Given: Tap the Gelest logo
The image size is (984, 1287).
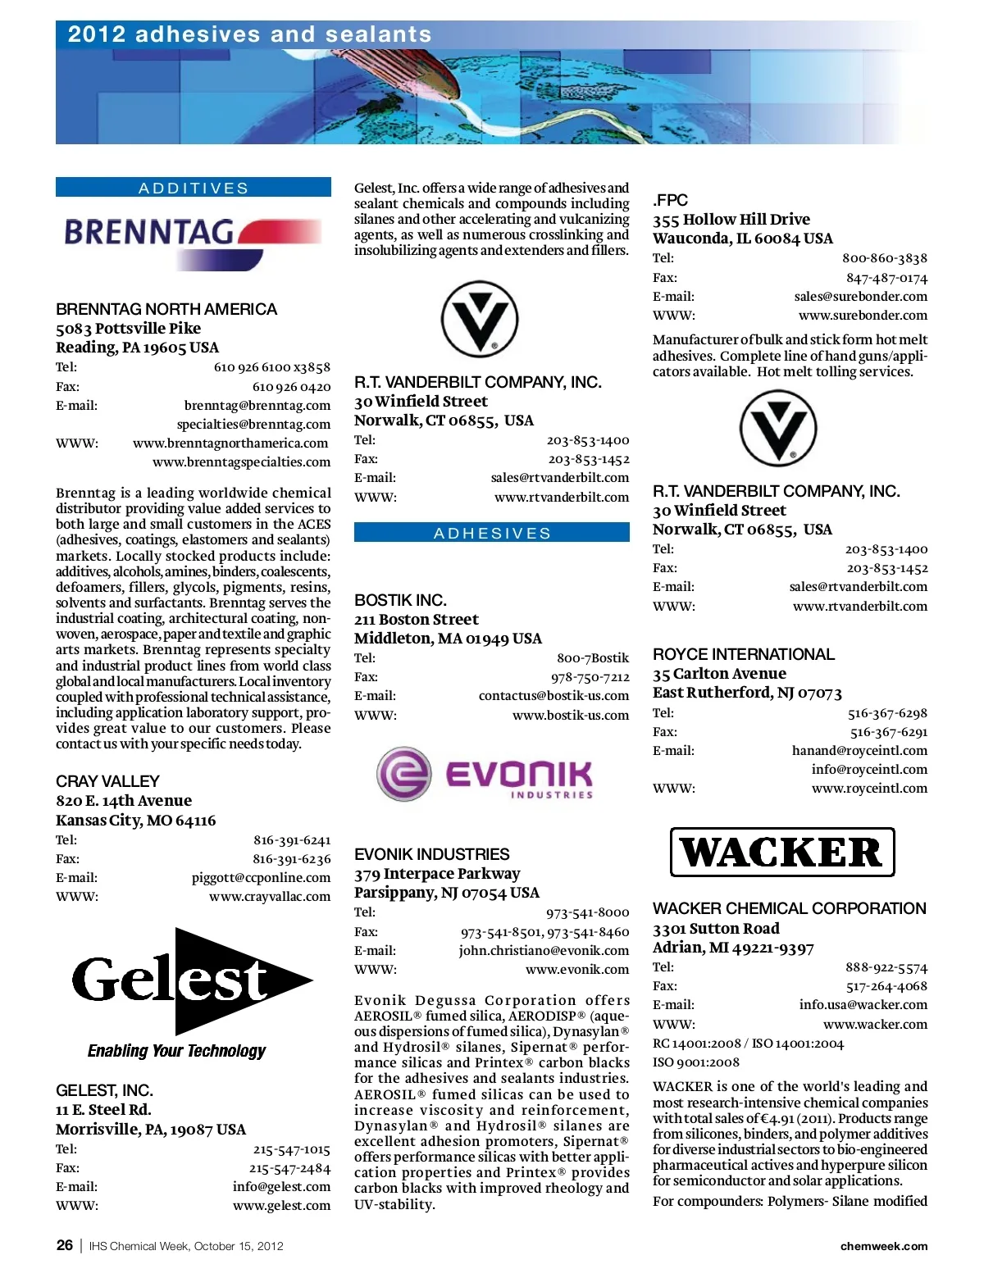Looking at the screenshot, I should click(x=191, y=980).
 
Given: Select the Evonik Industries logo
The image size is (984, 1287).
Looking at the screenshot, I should click(x=485, y=773).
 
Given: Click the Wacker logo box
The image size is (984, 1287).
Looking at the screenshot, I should click(x=781, y=853).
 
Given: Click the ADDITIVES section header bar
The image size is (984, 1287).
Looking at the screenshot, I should click(x=194, y=188).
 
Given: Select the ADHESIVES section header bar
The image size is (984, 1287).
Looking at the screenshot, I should click(x=492, y=533).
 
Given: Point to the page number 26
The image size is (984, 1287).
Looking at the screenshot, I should click(x=65, y=1245).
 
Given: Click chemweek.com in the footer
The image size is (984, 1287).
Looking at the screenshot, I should click(x=884, y=1246).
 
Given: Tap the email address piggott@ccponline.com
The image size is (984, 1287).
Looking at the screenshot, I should click(x=261, y=877).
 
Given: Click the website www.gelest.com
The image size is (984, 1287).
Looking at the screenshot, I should click(x=281, y=1205).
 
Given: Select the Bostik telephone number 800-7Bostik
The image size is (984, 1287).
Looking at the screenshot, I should click(x=593, y=657).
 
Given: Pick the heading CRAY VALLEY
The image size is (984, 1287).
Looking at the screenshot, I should click(x=107, y=781).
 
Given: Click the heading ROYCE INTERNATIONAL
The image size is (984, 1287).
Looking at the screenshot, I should click(x=743, y=654).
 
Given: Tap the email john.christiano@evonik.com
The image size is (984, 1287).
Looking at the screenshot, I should click(x=544, y=950).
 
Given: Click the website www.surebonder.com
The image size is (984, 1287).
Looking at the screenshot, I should click(x=863, y=315).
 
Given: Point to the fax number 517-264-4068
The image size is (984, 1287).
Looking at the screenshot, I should click(x=886, y=986).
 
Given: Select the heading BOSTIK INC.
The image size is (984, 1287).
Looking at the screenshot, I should click(x=400, y=600).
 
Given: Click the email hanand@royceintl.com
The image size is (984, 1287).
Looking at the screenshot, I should click(x=859, y=750).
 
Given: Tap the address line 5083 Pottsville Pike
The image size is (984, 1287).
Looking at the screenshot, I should click(x=128, y=328).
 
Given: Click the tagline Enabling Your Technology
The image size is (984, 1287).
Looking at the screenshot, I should click(x=177, y=1051).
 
